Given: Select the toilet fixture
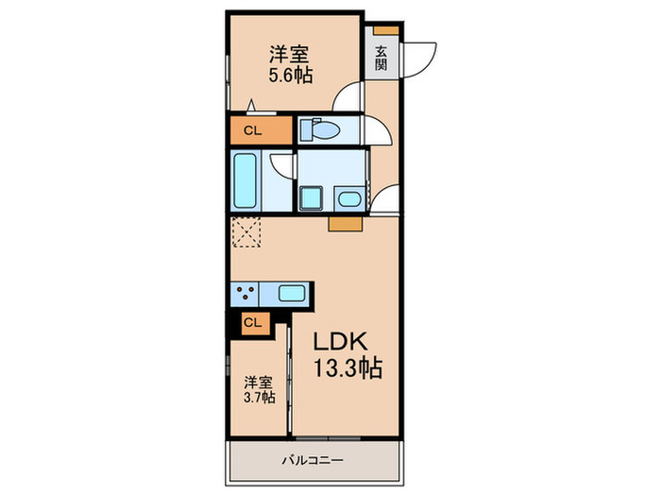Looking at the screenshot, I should [319, 131].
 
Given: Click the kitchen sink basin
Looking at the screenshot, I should [291, 294].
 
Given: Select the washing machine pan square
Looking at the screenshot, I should [311, 197].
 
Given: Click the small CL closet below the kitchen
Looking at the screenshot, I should [250, 322].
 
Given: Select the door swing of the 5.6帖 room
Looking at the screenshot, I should [351, 98].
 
